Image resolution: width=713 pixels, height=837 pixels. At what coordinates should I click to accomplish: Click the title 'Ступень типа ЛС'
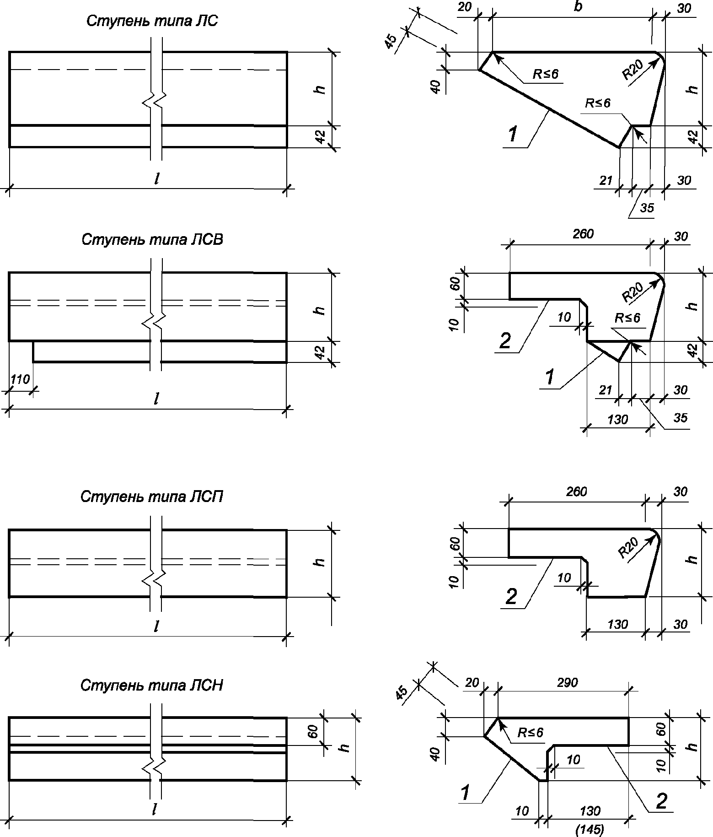(152, 22)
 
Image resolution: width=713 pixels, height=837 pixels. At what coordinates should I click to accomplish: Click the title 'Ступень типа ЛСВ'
(152, 240)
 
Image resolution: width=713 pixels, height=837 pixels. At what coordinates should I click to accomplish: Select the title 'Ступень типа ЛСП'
(152, 497)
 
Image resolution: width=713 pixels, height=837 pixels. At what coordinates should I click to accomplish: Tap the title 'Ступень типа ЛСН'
(152, 685)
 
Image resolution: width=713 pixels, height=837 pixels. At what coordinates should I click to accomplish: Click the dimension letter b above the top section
(578, 8)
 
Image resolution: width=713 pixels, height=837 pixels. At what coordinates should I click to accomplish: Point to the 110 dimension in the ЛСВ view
(20, 379)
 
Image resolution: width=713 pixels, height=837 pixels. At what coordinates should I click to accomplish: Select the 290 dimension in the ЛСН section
(568, 683)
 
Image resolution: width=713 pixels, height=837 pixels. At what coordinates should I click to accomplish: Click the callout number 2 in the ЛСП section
(511, 596)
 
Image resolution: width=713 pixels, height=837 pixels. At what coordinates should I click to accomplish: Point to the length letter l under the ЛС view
(156, 179)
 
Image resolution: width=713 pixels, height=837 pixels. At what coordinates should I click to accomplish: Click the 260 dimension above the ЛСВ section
(583, 234)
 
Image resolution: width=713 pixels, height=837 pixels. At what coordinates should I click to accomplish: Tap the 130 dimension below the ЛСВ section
(618, 419)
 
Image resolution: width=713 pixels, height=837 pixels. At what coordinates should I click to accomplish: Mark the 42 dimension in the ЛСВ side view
(321, 352)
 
